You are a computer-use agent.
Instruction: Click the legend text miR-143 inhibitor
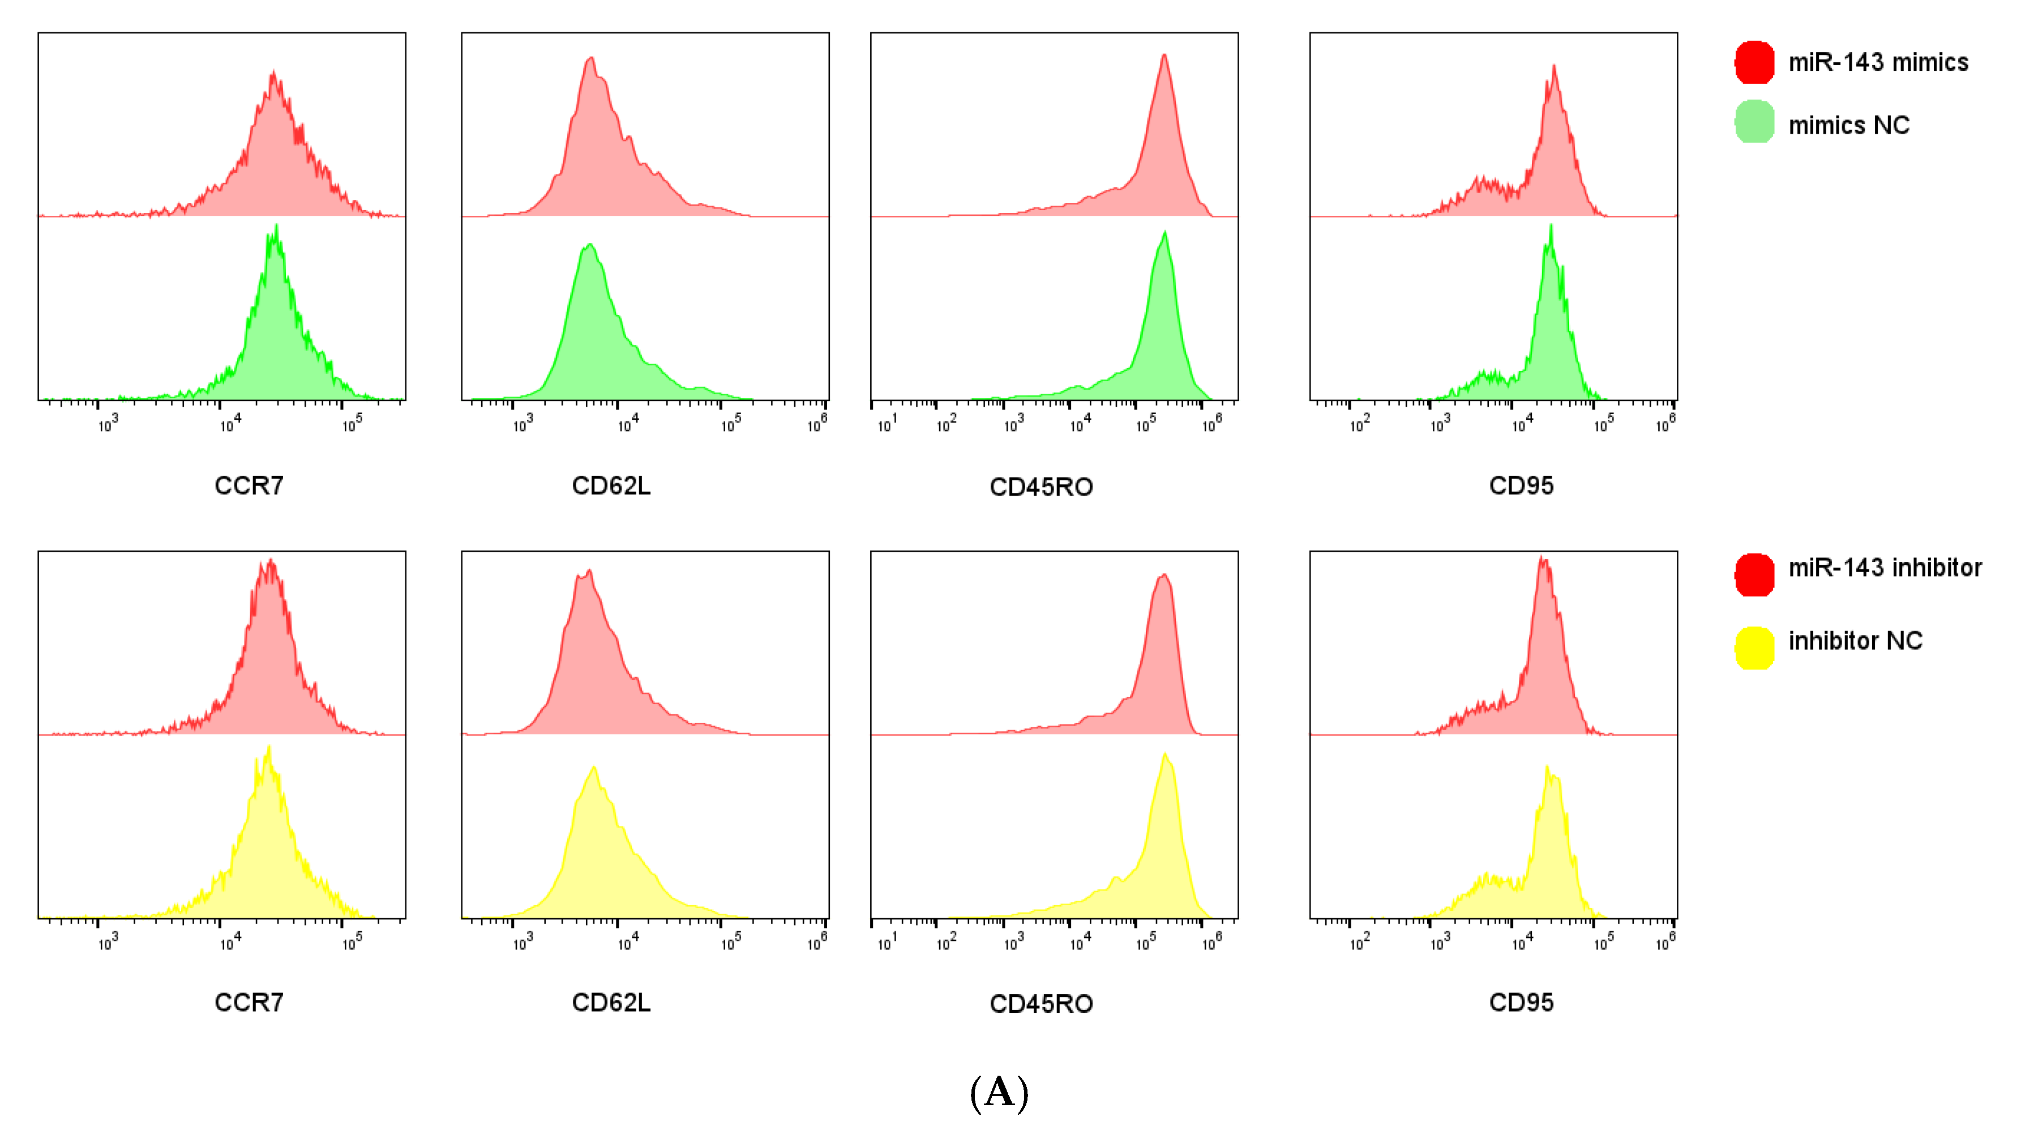point(1885,568)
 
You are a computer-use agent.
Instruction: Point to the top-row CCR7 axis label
point(249,486)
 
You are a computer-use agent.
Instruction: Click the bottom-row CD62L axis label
point(611,1002)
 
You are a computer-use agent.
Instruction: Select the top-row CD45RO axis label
point(1041,487)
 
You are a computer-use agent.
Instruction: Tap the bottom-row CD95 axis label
point(1521,1002)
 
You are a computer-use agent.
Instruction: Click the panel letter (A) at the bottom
point(999,1093)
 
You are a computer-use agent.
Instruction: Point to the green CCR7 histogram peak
point(276,228)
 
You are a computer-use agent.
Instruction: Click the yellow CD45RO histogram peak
point(1165,755)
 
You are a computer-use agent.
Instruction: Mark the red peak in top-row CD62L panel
point(591,59)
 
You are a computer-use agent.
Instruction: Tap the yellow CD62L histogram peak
point(594,768)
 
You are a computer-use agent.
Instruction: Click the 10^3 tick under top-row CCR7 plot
point(108,425)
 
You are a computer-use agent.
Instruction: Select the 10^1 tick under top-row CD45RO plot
point(887,425)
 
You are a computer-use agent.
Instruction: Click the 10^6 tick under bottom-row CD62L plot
point(817,943)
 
